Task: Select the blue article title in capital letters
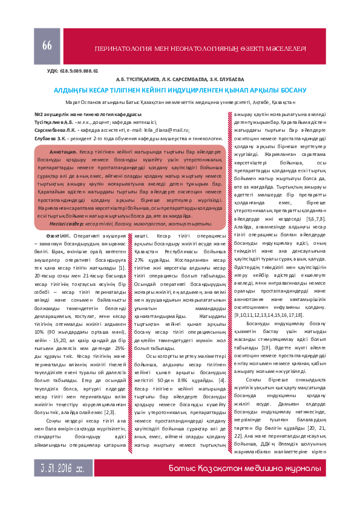(180, 89)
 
